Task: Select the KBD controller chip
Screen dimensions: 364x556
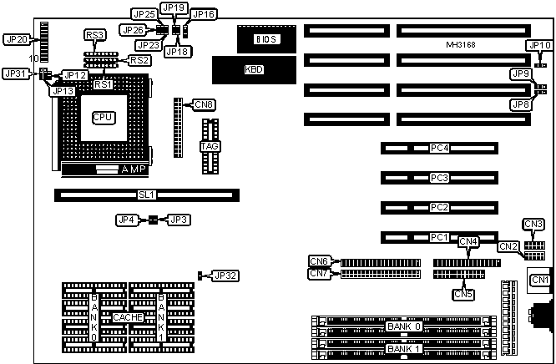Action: [x=253, y=69]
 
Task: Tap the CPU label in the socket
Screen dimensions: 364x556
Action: [x=104, y=118]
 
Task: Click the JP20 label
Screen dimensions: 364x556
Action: [x=17, y=39]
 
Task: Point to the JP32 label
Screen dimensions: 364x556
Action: [x=225, y=276]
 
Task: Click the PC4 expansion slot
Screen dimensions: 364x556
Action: [x=440, y=149]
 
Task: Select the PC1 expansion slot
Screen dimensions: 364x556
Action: [x=440, y=237]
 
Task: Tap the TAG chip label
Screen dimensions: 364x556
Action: [x=210, y=147]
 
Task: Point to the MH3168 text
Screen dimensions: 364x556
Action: [x=462, y=43]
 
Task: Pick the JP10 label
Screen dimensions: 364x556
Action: [x=538, y=45]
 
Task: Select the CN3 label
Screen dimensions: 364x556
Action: [x=533, y=224]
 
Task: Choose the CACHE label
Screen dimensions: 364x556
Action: [x=128, y=318]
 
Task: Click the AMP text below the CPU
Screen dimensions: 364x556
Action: [x=134, y=170]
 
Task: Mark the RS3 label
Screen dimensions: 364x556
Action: [x=95, y=35]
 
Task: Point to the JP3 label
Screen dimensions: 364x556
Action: [x=179, y=220]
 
